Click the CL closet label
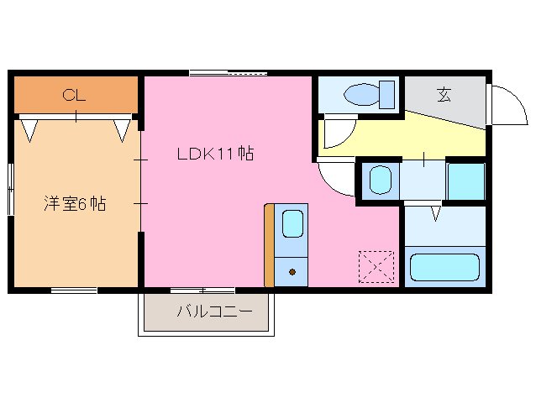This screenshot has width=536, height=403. [x=74, y=96]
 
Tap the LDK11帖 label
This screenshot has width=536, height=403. [x=215, y=154]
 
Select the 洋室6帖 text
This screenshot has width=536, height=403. [x=75, y=204]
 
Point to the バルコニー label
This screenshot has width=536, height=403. [x=214, y=311]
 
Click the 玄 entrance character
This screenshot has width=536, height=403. [x=443, y=94]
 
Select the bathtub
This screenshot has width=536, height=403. [x=444, y=268]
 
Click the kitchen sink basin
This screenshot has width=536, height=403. [x=292, y=224]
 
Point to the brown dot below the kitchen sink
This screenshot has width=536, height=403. [x=292, y=271]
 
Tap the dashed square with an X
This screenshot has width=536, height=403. [x=376, y=268]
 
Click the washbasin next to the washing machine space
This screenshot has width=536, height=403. [x=381, y=180]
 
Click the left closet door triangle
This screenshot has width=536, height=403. [x=30, y=128]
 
